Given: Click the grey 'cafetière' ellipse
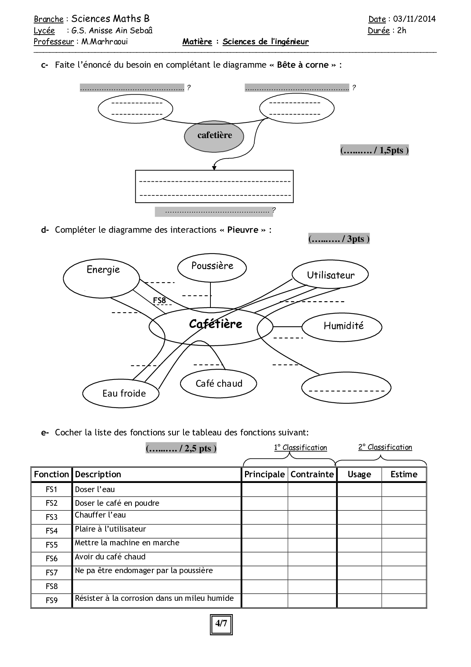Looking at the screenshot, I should click(x=214, y=135).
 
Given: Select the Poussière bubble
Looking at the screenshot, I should click(x=212, y=267).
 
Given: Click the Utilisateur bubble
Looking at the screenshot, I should click(x=330, y=275).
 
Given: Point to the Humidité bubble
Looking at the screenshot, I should click(x=342, y=326).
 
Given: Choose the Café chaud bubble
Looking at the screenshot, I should click(x=218, y=383).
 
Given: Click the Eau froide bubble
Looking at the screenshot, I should click(x=121, y=393).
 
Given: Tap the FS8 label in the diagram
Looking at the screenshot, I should click(x=160, y=300).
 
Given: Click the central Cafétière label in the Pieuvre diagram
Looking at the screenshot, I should click(x=215, y=324).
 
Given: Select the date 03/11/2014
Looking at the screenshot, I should click(x=414, y=19).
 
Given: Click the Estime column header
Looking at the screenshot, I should click(x=404, y=474).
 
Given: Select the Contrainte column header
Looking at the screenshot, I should click(x=312, y=474).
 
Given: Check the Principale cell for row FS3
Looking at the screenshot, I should click(x=264, y=517).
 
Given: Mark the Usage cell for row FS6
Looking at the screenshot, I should click(x=359, y=559).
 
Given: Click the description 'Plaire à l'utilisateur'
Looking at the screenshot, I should click(x=110, y=529).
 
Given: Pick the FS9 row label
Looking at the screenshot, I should click(x=51, y=600).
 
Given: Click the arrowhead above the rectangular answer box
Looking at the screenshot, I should click(x=214, y=167).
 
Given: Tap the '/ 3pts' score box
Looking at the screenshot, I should click(x=339, y=239).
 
